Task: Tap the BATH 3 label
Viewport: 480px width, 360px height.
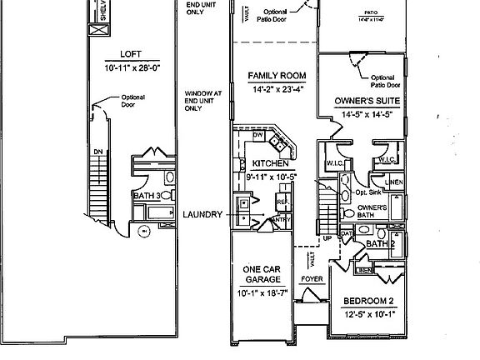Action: pyautogui.click(x=147, y=196)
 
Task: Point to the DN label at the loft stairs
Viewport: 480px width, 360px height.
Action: pyautogui.click(x=97, y=152)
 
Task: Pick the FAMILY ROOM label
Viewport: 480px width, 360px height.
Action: pyautogui.click(x=272, y=76)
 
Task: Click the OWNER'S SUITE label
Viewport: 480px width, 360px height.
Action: pyautogui.click(x=367, y=101)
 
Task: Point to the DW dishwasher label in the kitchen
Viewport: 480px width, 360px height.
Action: pyautogui.click(x=257, y=134)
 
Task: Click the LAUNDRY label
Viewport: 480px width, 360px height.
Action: pyautogui.click(x=203, y=214)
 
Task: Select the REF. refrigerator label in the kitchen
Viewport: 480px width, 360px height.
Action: pyautogui.click(x=281, y=201)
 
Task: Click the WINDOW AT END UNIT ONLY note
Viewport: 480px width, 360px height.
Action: pyautogui.click(x=202, y=101)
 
